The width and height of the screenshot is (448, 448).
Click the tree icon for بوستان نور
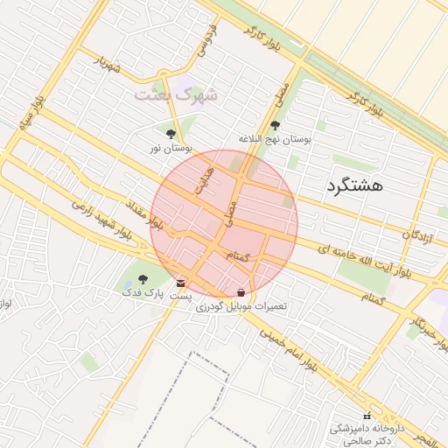point(170,135)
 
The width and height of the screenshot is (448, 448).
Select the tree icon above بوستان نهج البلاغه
point(276,126)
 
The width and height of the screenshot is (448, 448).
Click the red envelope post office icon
point(181,283)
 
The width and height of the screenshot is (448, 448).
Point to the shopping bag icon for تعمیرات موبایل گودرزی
point(241,292)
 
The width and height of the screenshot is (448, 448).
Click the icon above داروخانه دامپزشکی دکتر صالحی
point(367,416)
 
